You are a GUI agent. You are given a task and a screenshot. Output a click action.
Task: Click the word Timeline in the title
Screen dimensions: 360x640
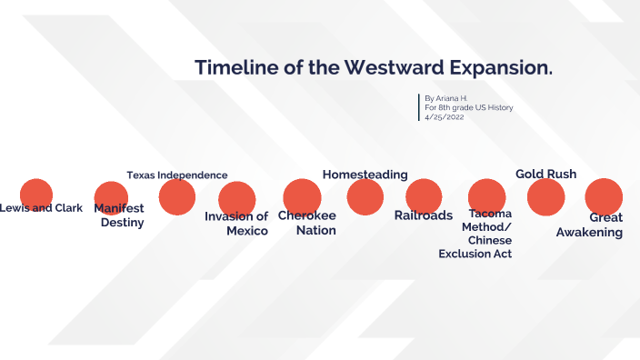point(235,68)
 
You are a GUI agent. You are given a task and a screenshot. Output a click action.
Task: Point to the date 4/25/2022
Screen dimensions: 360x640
point(445,117)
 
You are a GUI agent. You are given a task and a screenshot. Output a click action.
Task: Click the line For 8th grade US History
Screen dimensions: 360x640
point(468,107)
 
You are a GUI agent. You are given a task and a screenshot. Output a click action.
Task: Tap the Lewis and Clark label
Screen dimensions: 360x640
point(41,208)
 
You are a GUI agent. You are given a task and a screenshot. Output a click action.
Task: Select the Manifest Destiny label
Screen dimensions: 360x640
point(120,215)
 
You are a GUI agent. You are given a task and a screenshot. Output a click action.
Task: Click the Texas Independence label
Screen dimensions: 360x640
point(176,175)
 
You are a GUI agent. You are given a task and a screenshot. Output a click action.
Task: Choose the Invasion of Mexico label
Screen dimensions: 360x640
point(237,224)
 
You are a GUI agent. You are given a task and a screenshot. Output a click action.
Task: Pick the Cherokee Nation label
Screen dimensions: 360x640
point(307,223)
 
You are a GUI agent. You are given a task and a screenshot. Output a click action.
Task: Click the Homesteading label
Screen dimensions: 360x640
point(365,175)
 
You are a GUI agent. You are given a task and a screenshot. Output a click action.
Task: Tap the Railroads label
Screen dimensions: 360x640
point(423,216)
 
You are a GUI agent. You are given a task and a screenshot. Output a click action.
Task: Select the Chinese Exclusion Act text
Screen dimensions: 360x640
point(475,247)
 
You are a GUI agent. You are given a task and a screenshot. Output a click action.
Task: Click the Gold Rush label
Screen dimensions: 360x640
point(545,174)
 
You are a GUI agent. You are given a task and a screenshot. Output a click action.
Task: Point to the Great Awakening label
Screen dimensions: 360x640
point(591,225)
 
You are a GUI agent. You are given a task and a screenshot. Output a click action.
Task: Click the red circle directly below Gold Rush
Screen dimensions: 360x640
point(545,196)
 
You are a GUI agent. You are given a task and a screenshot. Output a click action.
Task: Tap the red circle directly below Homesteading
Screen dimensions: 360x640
point(365,197)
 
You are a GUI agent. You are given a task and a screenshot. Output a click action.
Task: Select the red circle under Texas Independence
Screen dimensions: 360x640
point(176,195)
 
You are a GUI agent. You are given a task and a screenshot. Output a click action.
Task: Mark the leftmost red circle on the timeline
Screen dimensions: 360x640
point(36,194)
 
